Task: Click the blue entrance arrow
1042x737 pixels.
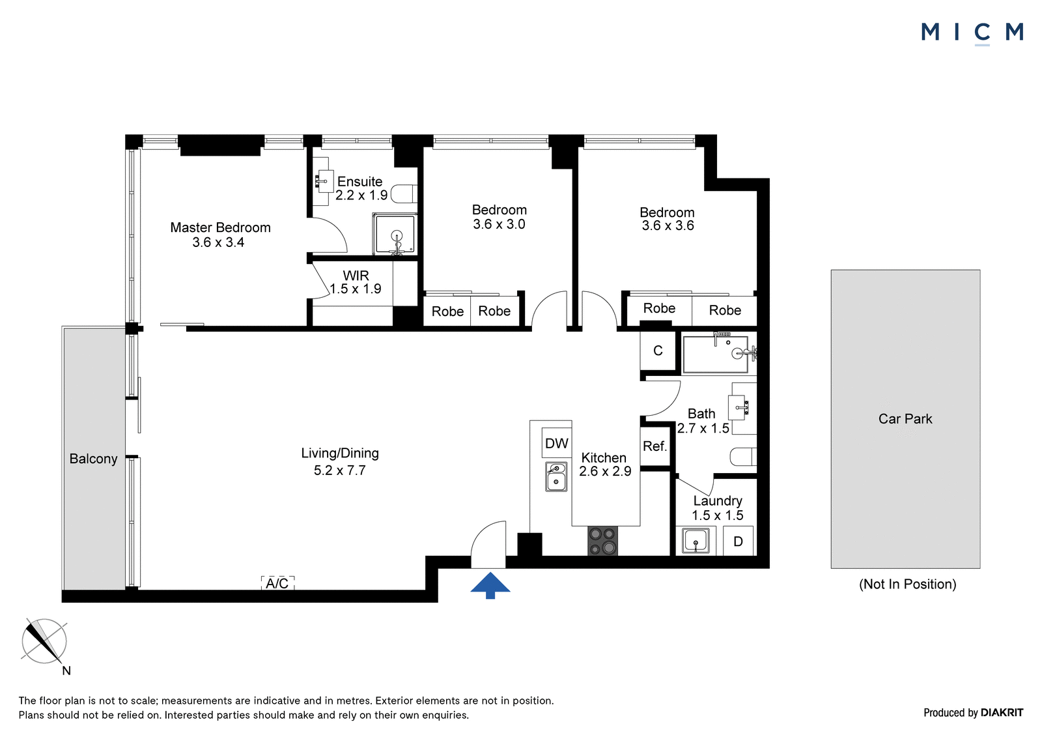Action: [490, 586]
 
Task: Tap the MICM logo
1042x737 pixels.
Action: [972, 33]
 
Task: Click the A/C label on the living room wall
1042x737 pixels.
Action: [277, 583]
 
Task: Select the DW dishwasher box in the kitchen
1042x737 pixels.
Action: [556, 442]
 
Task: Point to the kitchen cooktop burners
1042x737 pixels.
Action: [603, 540]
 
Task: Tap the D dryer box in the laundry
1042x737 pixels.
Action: [738, 541]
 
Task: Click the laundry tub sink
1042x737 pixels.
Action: [696, 540]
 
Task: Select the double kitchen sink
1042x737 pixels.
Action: [556, 476]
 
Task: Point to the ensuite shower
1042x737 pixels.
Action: [395, 234]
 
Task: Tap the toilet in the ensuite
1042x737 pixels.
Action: [404, 194]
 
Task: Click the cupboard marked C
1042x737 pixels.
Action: [658, 351]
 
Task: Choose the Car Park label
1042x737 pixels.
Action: [905, 419]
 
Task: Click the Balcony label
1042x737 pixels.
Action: [93, 459]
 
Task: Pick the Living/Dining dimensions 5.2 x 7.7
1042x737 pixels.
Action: [339, 470]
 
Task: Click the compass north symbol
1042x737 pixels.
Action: [44, 642]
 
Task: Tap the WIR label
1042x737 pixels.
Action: [356, 275]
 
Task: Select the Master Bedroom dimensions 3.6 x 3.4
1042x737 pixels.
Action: [218, 242]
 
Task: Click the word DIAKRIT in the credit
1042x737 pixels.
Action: [1002, 712]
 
